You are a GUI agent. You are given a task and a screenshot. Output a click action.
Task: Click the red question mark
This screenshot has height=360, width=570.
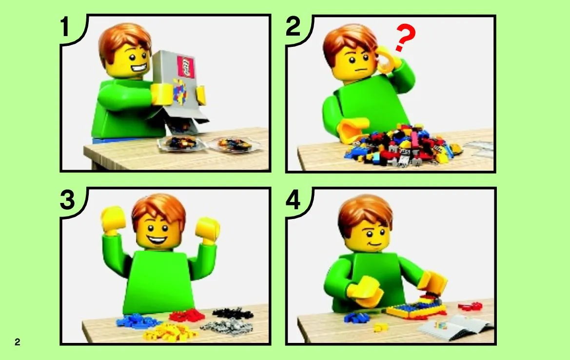pos(405,38)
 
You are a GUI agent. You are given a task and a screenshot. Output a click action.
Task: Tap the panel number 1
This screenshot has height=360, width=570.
pos(65,27)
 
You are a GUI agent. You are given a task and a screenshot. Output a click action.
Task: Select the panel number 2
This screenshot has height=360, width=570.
pos(293,26)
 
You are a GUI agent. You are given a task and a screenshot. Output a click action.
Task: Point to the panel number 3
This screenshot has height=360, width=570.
pos(67,200)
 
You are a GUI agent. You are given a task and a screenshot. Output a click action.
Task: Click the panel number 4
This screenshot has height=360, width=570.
pos(293,200)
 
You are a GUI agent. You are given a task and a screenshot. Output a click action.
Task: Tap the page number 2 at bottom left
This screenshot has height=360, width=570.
pos(18,342)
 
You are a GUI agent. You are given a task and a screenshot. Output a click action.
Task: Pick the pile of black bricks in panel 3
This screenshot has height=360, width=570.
pos(233,313)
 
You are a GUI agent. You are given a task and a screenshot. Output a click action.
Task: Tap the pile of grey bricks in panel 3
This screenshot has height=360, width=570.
pos(222,326)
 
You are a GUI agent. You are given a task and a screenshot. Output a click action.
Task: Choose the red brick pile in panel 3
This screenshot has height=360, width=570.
pos(187,315)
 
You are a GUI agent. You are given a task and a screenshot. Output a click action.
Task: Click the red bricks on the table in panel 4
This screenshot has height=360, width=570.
pos(471,306)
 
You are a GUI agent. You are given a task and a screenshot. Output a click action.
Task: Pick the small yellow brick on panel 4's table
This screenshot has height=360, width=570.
pos(379,328)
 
